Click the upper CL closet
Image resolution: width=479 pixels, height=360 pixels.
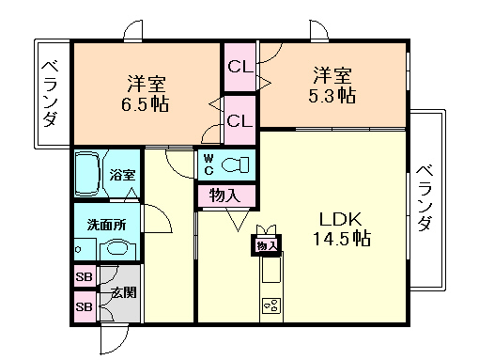click(x=239, y=67)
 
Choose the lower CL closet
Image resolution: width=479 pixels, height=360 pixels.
click(x=239, y=120)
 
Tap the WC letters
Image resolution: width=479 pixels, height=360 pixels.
click(x=208, y=165)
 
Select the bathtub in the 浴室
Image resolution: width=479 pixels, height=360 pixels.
click(x=90, y=174)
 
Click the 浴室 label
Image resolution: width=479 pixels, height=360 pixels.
click(x=122, y=175)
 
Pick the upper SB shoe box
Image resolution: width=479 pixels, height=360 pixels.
click(x=85, y=278)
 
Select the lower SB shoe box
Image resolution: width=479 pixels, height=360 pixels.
click(x=85, y=306)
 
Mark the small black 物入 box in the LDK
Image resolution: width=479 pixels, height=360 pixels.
click(x=266, y=245)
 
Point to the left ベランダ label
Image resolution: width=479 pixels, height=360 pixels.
click(x=50, y=93)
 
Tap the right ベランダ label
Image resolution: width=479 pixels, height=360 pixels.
click(x=424, y=198)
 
